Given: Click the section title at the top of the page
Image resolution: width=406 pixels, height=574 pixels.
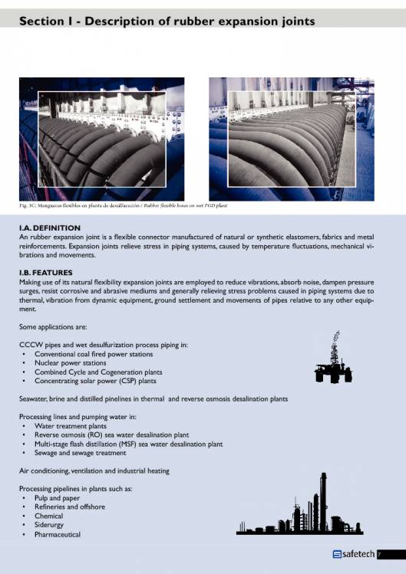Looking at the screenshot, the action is (x=167, y=22).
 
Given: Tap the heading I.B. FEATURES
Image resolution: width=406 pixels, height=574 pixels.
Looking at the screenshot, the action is (x=45, y=273).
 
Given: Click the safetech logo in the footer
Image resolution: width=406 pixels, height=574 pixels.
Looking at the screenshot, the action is (x=352, y=554).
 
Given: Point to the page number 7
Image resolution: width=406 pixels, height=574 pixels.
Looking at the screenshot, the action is (x=380, y=554).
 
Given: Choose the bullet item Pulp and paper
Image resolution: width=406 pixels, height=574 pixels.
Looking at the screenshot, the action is (x=58, y=497).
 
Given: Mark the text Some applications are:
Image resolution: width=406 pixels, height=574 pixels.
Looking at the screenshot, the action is (x=50, y=327).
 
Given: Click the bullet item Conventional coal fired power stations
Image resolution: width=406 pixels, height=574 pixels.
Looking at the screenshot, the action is (x=94, y=354).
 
